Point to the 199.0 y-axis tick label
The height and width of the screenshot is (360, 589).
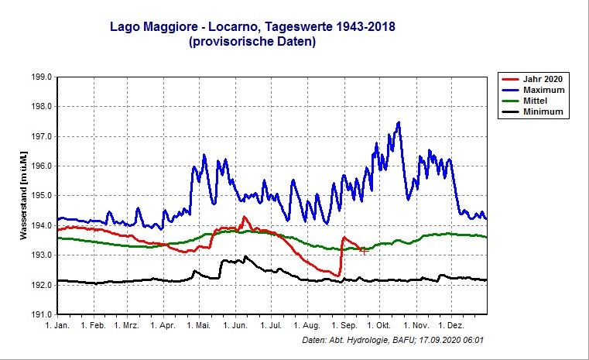pos(40,77)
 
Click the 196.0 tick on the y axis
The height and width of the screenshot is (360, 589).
pos(40,166)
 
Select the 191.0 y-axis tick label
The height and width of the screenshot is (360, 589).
pos(40,314)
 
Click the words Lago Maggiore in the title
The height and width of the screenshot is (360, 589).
pos(159,28)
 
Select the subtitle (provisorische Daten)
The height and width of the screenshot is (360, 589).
pos(252,43)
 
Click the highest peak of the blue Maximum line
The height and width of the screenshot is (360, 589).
pos(399,122)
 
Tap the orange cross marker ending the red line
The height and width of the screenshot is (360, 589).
pos(364,250)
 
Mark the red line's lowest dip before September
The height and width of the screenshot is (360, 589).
pos(338,276)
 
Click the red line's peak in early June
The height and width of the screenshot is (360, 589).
pos(244,217)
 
